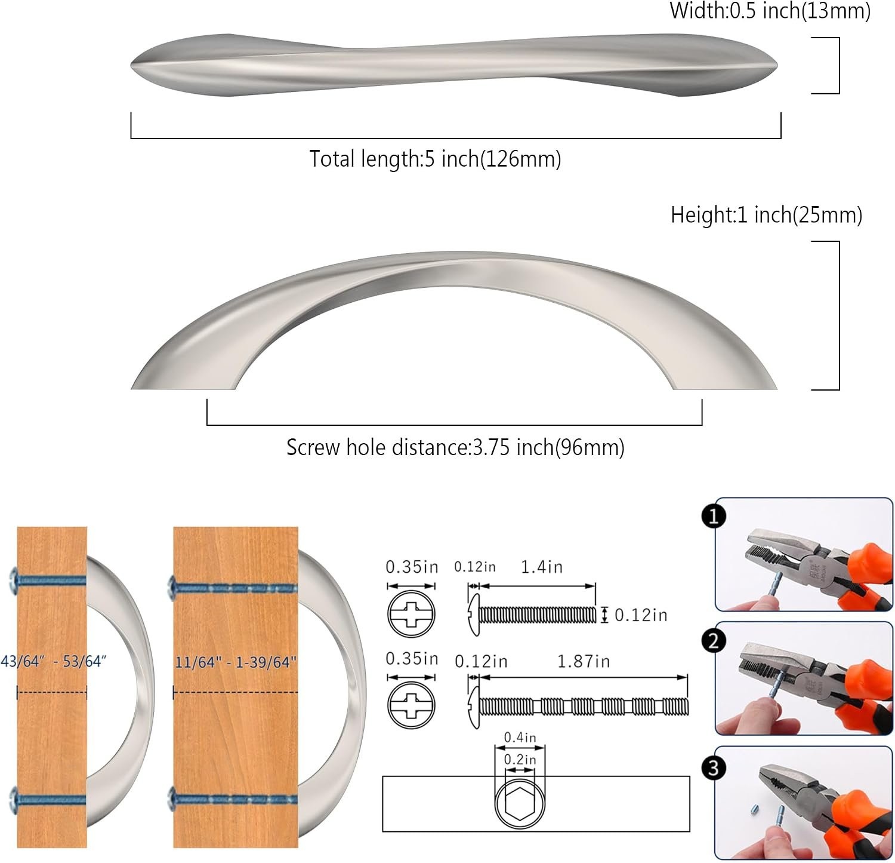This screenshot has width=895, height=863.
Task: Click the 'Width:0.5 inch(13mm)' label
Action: pos(770,11)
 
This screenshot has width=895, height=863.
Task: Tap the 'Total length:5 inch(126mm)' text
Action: pos(435,159)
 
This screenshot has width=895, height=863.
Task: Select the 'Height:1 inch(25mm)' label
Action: pos(767,214)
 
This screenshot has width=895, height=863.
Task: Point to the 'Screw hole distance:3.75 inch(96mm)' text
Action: pos(455,447)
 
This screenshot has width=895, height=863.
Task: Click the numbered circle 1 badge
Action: pos(714,516)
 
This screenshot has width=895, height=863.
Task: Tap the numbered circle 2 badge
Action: pos(714,641)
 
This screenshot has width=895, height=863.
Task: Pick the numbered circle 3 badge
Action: pos(714,768)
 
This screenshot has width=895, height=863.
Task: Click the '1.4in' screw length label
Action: pos(542,567)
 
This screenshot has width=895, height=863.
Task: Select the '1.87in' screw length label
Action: pos(584,662)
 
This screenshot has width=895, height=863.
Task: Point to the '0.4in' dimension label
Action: pos(520,738)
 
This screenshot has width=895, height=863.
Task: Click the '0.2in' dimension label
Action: pos(520,760)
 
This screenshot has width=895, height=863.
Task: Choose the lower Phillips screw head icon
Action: pos(412,705)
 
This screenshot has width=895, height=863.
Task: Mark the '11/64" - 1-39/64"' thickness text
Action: pos(236,662)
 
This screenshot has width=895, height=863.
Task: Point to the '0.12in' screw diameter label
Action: pos(641,615)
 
